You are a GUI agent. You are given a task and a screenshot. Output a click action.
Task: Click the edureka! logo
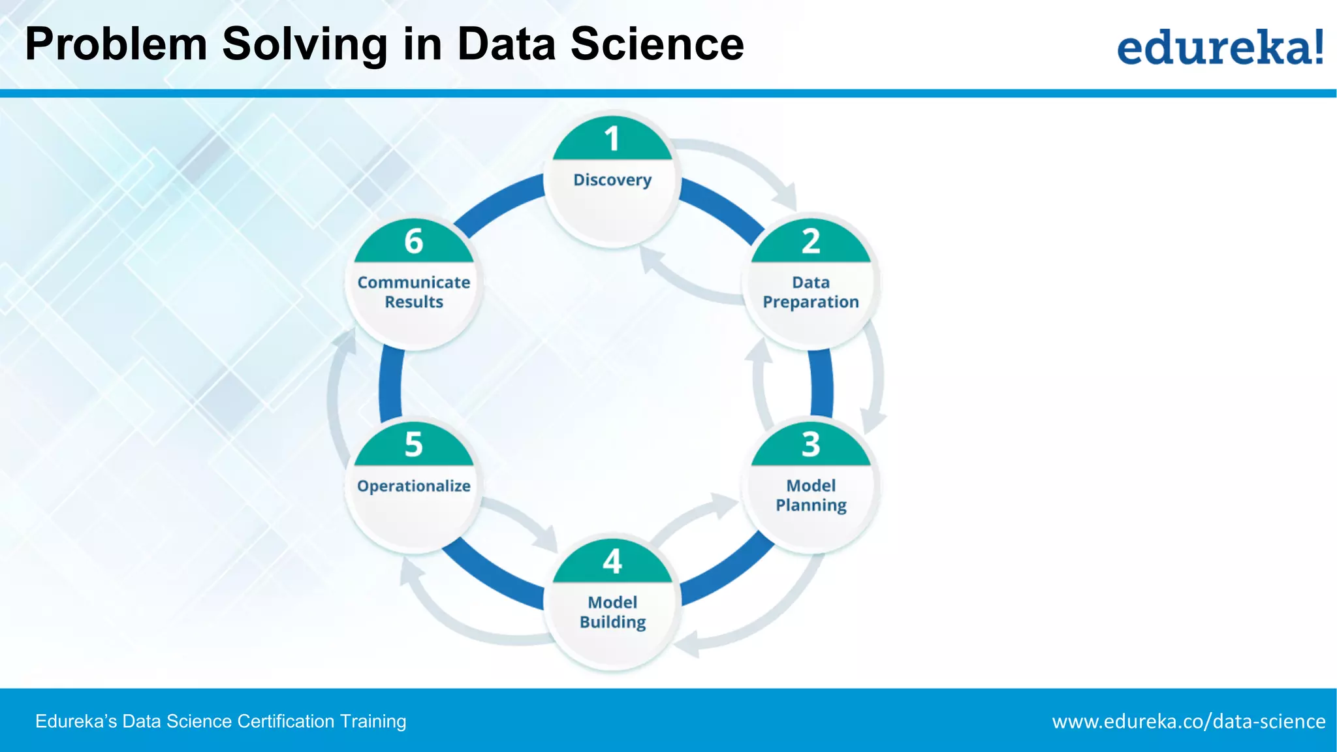click(1219, 47)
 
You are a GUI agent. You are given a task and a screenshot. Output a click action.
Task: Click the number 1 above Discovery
click(612, 139)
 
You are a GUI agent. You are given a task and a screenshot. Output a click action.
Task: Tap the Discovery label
click(612, 180)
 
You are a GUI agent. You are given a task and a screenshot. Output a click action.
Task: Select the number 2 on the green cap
click(811, 242)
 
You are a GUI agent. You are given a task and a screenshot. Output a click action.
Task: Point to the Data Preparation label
click(811, 292)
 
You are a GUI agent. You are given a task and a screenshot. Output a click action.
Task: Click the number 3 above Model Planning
click(811, 445)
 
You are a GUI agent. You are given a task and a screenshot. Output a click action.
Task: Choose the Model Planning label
click(811, 495)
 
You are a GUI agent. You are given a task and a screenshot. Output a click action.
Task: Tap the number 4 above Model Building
click(612, 561)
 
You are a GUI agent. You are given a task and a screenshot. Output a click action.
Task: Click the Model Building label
click(612, 612)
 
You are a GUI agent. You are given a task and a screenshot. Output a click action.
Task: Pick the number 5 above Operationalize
click(413, 445)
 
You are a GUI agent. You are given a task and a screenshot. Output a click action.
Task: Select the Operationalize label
click(414, 486)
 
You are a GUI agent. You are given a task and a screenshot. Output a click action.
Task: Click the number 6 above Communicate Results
click(413, 242)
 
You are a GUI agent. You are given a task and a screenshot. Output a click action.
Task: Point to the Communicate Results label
click(414, 292)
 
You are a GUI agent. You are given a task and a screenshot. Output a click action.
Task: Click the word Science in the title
click(657, 44)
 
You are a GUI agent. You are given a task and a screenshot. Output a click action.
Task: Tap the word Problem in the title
click(116, 44)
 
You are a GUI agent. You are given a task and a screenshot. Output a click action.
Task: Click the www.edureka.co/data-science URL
click(1188, 721)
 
